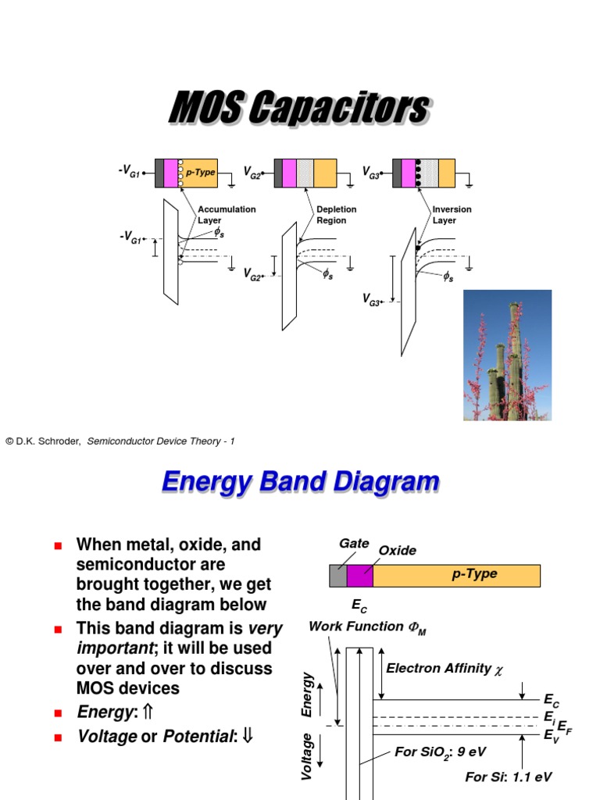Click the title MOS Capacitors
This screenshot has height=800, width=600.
(299, 109)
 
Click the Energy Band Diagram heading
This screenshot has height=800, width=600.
(300, 482)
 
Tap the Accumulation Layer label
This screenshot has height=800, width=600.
(227, 215)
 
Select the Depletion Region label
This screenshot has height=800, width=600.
(337, 215)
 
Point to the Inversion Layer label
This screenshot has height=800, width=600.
(452, 215)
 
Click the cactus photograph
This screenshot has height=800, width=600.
(507, 355)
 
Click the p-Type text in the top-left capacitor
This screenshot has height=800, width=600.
(200, 172)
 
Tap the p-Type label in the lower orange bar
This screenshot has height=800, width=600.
(474, 574)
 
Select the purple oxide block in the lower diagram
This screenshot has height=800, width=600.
(360, 576)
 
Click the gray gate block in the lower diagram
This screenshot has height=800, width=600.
(337, 576)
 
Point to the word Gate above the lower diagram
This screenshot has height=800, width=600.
(354, 543)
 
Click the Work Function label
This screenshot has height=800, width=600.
(367, 627)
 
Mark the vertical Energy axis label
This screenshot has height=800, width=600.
(308, 694)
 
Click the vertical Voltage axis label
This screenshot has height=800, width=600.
(308, 755)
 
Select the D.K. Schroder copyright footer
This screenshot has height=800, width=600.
(120, 441)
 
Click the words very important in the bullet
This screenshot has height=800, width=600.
(180, 638)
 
